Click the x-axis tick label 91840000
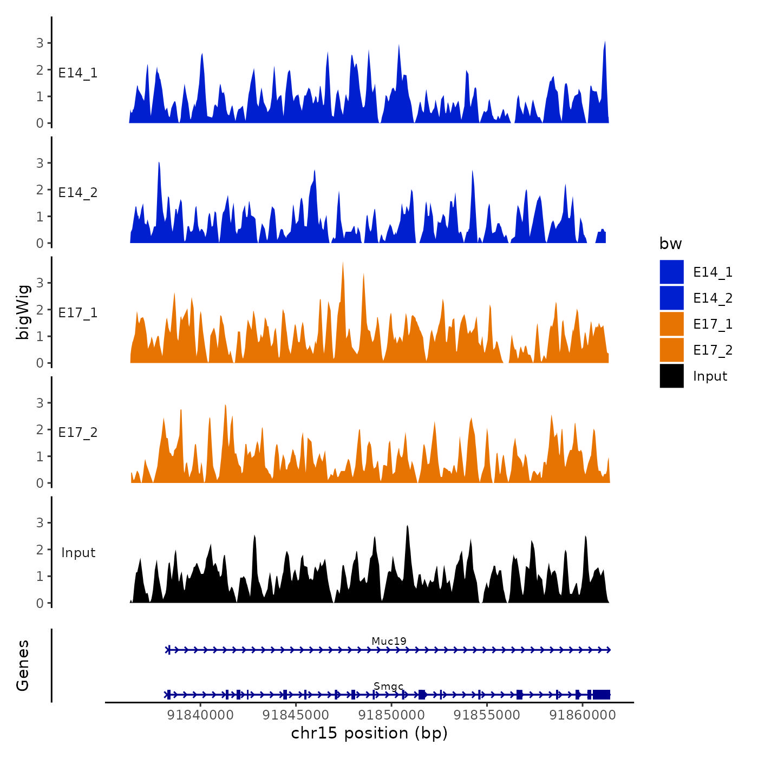coord(200,715)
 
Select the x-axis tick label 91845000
coord(296,715)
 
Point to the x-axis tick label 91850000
coord(391,715)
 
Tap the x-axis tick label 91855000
coord(487,715)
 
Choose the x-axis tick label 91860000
coord(583,715)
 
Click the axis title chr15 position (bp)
coord(369,733)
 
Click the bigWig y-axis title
coord(23,312)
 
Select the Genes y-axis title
coord(23,665)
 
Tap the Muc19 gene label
coord(389,641)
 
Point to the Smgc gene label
coord(389,686)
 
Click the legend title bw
coord(670,244)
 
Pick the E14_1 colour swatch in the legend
coord(671,272)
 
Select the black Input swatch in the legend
coord(671,376)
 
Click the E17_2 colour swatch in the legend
coord(671,350)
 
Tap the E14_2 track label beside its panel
coord(78,193)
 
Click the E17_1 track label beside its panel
coord(78,312)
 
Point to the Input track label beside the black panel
coord(78,552)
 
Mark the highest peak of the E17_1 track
coord(343,263)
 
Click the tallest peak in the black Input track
coord(407,526)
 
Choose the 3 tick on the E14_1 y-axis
coord(40,43)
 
